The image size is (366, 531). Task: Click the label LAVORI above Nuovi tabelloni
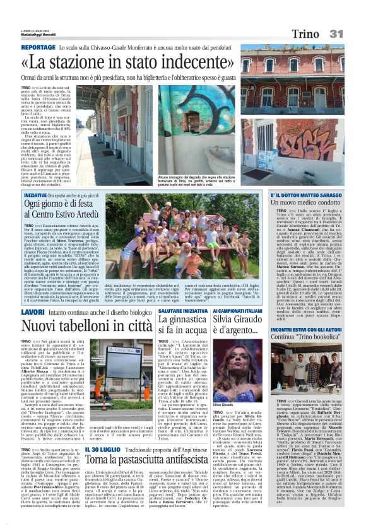(x=33, y=312)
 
